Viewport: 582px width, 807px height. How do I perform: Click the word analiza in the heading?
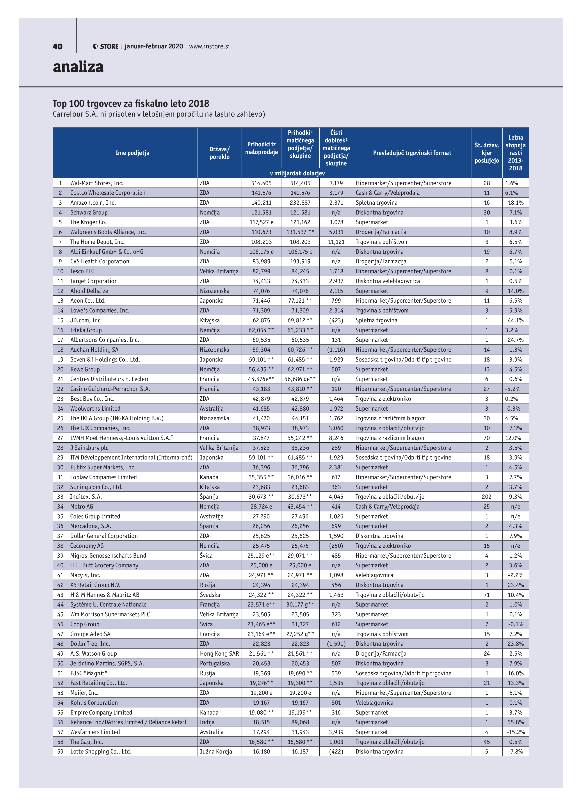coord(78,67)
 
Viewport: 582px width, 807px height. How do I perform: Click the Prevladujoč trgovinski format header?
coord(412,153)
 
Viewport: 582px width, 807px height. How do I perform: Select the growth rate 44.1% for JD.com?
coord(515,320)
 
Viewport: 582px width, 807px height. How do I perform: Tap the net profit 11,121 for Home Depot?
coord(336,242)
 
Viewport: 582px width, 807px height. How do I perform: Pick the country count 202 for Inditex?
coord(486,497)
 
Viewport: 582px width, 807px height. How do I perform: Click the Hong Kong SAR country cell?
coord(219,654)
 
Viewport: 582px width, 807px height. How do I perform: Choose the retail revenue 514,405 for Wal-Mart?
coord(261,183)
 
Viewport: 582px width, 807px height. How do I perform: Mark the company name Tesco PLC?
coord(82,271)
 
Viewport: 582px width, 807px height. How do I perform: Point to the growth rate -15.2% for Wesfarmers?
coord(515,732)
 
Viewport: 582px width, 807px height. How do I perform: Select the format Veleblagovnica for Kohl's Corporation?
coord(374,703)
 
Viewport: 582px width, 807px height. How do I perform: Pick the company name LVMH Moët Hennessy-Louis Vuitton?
coord(121,438)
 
